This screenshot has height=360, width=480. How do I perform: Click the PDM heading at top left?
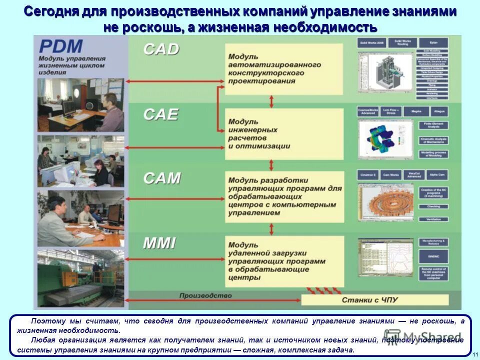[60, 46]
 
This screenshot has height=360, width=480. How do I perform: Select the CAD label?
[161, 49]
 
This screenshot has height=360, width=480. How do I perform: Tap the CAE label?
[160, 114]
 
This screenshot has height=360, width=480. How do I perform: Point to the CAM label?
[161, 178]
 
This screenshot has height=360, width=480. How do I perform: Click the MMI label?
[159, 243]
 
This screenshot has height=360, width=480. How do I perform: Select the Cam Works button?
[391, 175]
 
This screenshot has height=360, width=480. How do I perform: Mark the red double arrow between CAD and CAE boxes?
[271, 101]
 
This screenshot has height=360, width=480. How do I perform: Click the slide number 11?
[474, 354]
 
